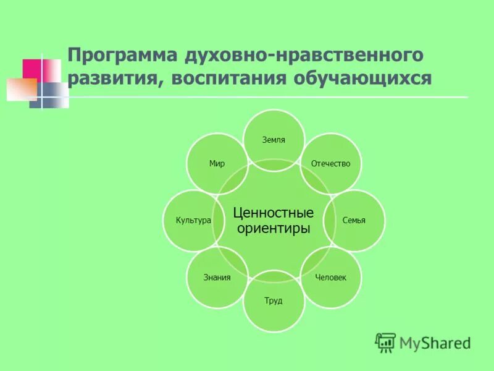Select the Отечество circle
click(x=331, y=163)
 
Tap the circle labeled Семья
click(x=354, y=220)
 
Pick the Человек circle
click(x=331, y=278)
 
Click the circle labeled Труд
click(x=274, y=301)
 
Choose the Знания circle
click(x=217, y=278)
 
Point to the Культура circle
click(x=193, y=220)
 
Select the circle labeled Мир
click(x=217, y=163)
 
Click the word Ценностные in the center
click(x=274, y=213)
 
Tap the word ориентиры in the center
click(x=274, y=229)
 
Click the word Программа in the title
click(x=122, y=56)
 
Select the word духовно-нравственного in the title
click(x=303, y=56)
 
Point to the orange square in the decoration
click(x=22, y=90)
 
